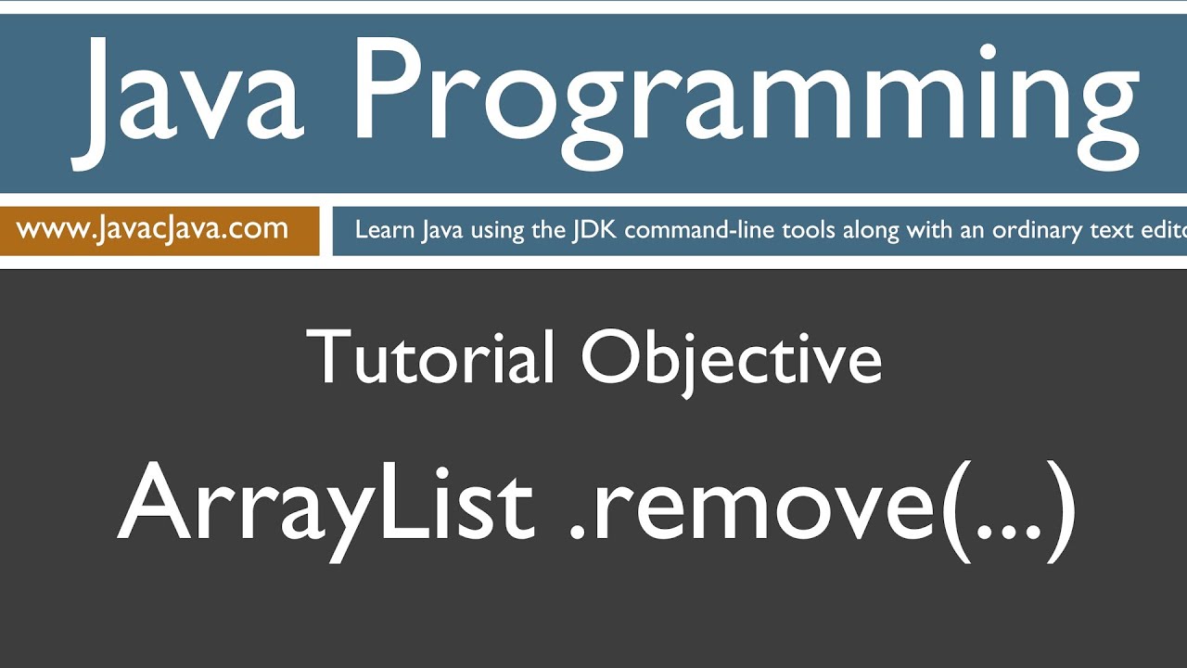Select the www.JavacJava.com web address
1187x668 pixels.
(x=152, y=228)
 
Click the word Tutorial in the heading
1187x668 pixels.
(x=431, y=358)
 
